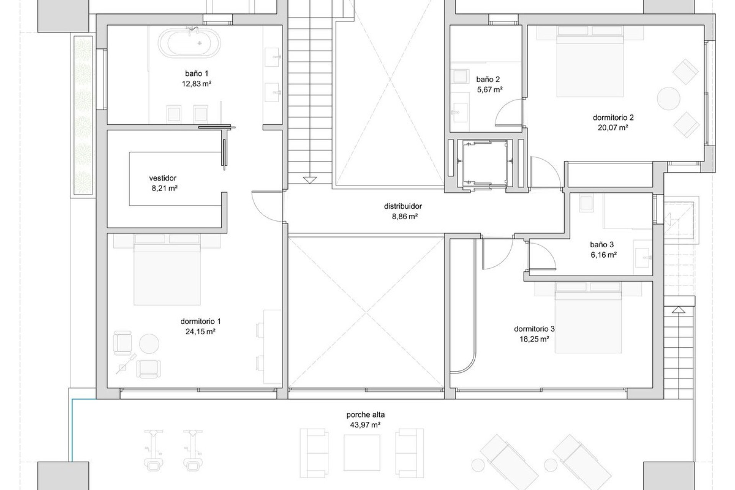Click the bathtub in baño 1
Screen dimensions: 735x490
pos(190,43)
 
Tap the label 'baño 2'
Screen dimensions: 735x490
pos(488,80)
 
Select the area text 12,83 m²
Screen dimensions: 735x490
pos(197,83)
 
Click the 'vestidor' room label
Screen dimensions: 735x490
pos(163,178)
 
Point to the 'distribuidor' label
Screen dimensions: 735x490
pos(403,206)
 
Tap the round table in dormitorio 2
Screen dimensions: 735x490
pos(668,98)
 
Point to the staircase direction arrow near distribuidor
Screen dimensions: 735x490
pos(309,180)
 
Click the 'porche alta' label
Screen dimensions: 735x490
pos(366,415)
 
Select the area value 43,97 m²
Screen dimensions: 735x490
pos(365,425)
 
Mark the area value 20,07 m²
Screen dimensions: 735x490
pos(613,128)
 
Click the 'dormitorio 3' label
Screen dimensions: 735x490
pos(534,329)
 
